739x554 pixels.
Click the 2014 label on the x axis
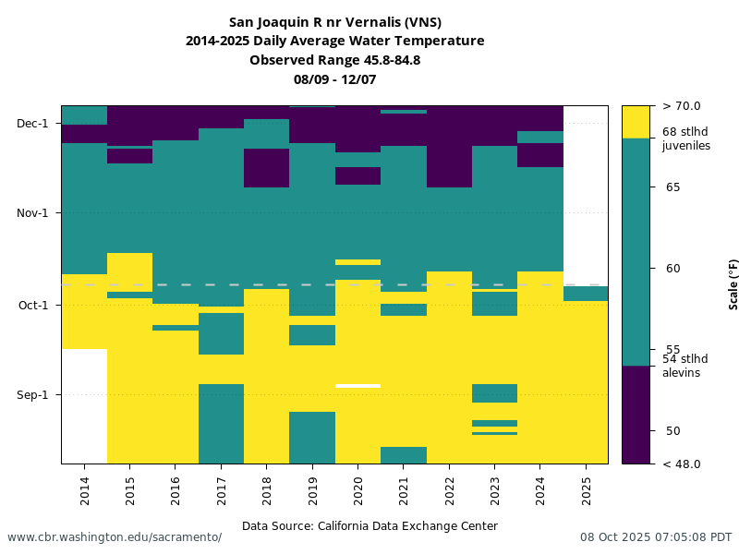coord(85,489)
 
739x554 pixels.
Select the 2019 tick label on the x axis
coord(312,489)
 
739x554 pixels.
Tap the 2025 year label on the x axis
coord(586,489)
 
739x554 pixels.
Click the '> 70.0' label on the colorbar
coord(681,106)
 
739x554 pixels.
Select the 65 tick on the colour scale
coord(672,187)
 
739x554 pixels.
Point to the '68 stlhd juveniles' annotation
coord(686,138)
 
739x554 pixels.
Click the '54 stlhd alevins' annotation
coord(684,366)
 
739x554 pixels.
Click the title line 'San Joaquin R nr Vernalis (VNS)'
coord(334,22)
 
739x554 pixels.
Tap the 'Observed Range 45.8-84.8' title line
coord(334,60)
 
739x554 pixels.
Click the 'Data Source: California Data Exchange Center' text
coord(369,526)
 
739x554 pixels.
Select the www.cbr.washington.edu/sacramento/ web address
coord(115,537)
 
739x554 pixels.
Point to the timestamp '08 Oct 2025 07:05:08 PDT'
coord(656,537)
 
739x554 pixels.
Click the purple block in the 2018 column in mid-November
coord(266,168)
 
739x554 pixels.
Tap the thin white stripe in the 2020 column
coord(357,385)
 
